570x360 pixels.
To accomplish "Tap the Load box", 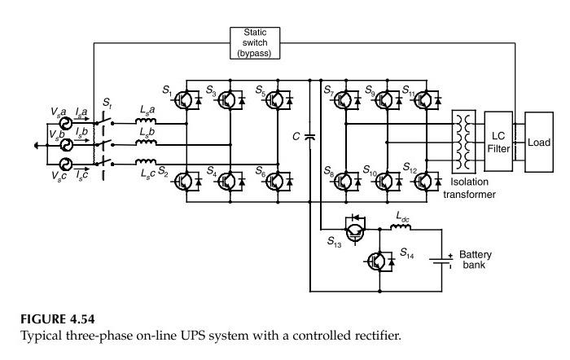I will (x=538, y=142).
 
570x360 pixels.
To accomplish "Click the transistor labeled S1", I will (x=186, y=100).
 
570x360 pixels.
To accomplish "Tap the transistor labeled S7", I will (x=344, y=100).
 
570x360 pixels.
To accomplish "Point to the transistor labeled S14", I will (x=376, y=260).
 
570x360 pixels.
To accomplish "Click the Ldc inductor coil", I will (x=401, y=227).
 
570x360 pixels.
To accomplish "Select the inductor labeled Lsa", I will (x=147, y=124).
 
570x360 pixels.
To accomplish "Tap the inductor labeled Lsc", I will (x=147, y=162).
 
